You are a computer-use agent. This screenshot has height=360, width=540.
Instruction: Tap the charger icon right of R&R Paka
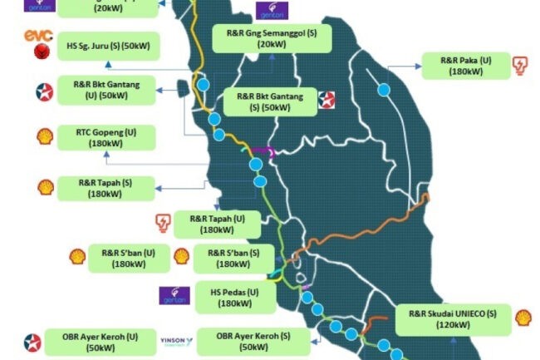click(520, 66)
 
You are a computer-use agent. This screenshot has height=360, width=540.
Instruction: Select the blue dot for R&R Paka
click(384, 89)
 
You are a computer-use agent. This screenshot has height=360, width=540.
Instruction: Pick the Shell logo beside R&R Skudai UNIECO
click(523, 318)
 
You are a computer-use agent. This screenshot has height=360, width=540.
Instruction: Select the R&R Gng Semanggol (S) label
click(271, 37)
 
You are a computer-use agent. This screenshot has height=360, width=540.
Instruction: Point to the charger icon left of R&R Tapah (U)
click(163, 222)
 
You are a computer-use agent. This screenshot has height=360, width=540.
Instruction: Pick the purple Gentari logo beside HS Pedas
click(174, 296)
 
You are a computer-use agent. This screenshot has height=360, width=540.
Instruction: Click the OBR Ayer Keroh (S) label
click(246, 341)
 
